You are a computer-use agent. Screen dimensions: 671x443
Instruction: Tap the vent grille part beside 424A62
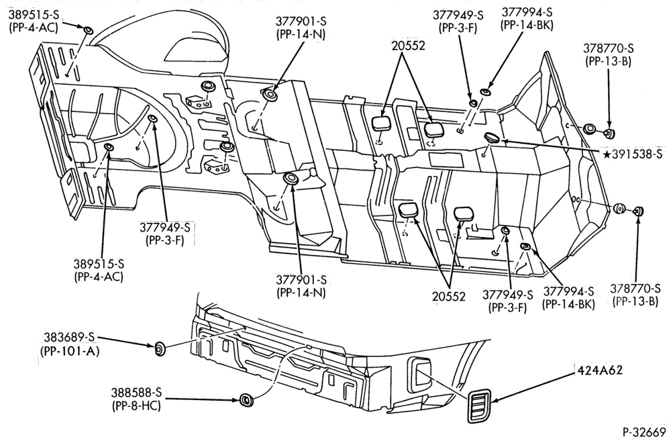click(x=479, y=406)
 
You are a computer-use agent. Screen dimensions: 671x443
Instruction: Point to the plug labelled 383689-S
click(x=160, y=349)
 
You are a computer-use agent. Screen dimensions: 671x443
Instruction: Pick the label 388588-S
click(x=136, y=393)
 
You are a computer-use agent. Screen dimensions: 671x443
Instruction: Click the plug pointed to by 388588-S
click(x=246, y=400)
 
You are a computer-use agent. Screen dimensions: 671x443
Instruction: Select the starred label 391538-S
click(x=633, y=154)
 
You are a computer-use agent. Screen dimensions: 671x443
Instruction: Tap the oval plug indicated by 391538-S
click(x=492, y=138)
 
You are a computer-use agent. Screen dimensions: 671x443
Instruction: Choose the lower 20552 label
click(x=448, y=296)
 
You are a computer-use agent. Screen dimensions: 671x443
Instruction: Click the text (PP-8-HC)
click(x=136, y=405)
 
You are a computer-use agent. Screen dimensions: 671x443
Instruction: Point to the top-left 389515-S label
click(x=33, y=15)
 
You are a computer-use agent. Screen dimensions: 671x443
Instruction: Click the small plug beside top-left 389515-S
click(x=88, y=30)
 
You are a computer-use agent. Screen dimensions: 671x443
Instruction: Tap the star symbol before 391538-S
click(x=607, y=154)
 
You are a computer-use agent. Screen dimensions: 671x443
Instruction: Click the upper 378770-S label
click(x=608, y=48)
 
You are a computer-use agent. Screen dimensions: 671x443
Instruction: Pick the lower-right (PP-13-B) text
click(x=635, y=301)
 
